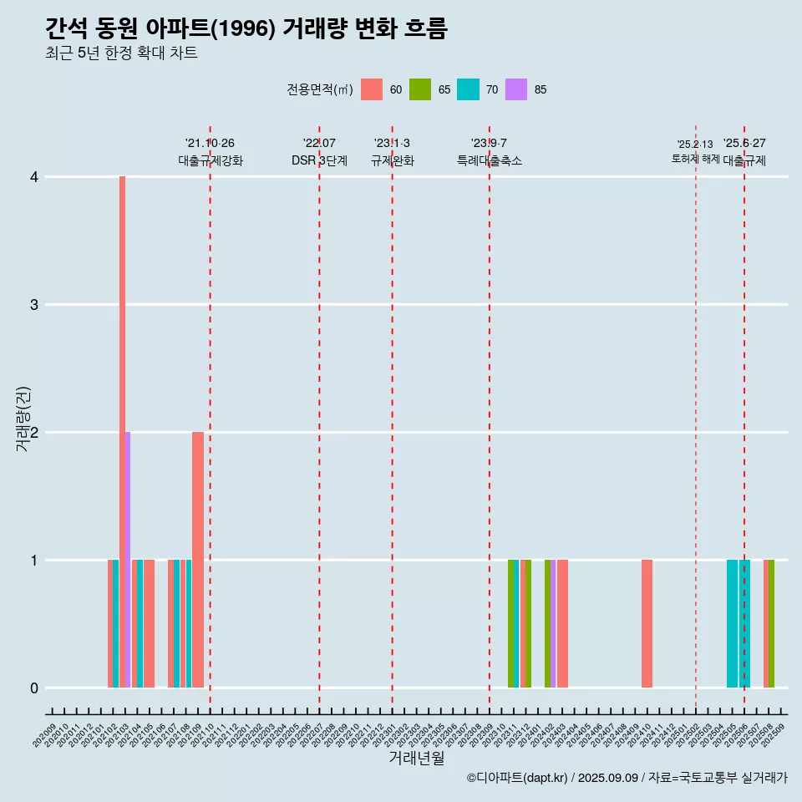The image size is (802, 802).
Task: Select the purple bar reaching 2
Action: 128,560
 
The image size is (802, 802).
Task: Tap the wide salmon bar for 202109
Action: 198,560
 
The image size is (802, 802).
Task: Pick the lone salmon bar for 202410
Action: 647,623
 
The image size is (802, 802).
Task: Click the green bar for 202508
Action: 772,623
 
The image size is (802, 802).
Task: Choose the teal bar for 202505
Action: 732,623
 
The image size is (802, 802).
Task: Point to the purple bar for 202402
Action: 553,623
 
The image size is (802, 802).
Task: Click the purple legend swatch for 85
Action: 516,89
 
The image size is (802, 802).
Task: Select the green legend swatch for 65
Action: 420,89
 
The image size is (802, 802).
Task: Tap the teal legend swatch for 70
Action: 468,89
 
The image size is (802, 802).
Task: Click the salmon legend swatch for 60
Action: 372,89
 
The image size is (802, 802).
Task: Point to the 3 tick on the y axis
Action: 34,305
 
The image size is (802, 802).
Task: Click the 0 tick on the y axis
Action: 34,688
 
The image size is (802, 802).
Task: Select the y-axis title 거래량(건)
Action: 23,419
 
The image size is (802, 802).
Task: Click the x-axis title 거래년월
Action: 416,758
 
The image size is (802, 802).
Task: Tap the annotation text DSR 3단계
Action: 319,160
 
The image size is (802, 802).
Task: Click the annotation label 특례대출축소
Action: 490,160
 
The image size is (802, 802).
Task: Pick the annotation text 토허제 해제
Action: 695,159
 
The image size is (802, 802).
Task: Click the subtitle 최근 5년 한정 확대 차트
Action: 121,53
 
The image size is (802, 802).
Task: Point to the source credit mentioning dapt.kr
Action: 627,778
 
